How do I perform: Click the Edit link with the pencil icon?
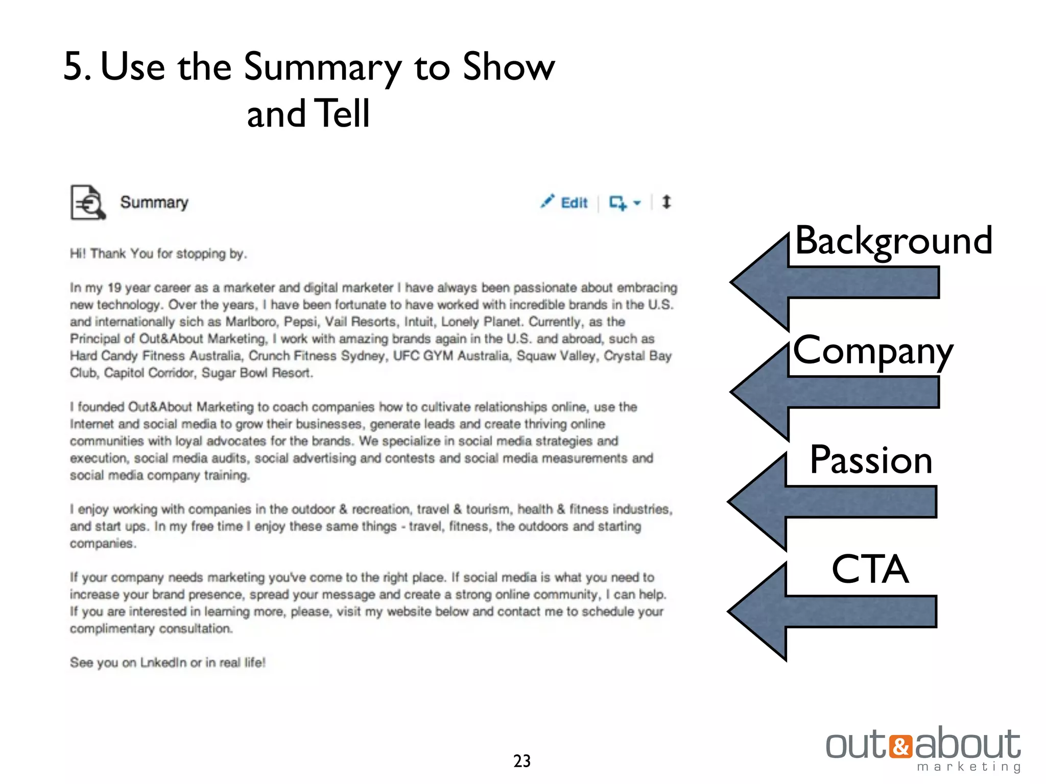click(565, 203)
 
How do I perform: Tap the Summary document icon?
click(87, 203)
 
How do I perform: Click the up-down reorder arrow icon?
click(666, 202)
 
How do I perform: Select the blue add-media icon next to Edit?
click(618, 203)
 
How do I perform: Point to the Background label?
click(893, 240)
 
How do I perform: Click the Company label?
click(872, 351)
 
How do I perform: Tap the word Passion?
click(871, 460)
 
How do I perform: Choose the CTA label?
click(870, 569)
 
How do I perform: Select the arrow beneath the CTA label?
click(833, 611)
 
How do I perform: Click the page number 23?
click(521, 761)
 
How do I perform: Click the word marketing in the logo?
click(968, 767)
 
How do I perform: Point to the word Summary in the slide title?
click(322, 67)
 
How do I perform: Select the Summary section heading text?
click(154, 203)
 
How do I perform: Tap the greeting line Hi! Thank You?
click(158, 254)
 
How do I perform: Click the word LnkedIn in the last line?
click(163, 663)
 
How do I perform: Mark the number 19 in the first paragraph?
click(114, 288)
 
